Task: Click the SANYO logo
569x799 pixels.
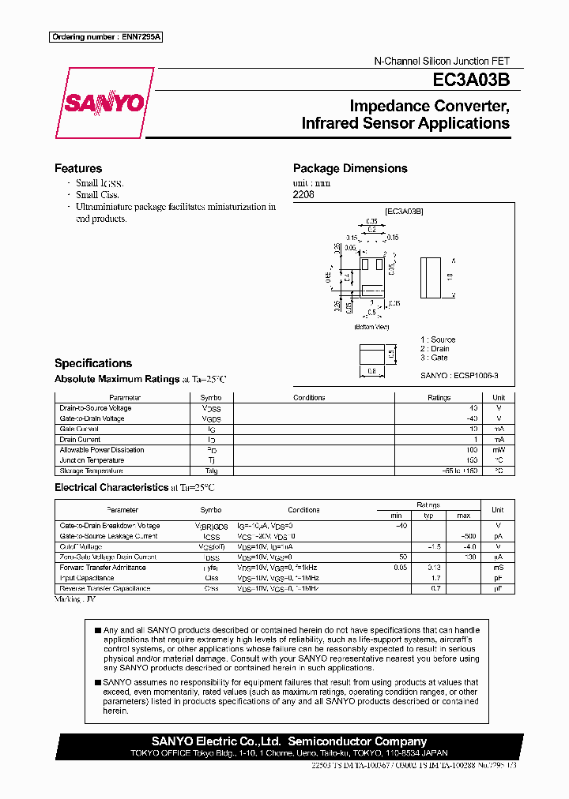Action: coord(104,103)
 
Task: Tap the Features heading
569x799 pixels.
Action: coord(77,168)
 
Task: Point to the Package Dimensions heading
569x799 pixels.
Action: coord(350,168)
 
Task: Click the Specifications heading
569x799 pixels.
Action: coord(92,363)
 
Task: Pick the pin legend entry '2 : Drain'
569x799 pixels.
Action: coord(435,348)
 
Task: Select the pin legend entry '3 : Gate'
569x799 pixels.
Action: coord(433,358)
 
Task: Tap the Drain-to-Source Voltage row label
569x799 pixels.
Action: coord(96,408)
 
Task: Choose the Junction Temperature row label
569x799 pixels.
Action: coord(92,460)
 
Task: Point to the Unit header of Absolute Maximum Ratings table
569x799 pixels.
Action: coord(499,398)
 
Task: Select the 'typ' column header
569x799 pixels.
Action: coord(429,515)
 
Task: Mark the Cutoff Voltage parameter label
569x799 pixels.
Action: coord(81,546)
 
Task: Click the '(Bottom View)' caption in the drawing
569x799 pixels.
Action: coord(371,327)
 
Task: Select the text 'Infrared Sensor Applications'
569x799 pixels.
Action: coord(405,123)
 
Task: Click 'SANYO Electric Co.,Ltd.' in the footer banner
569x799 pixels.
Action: coord(217,741)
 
